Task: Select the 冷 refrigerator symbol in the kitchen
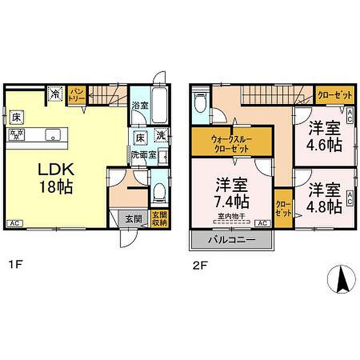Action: coord(55,94)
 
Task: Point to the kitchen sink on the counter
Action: coord(51,135)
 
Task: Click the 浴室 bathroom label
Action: coord(139,105)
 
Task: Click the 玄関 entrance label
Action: coord(133,218)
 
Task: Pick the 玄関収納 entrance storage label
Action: coord(159,218)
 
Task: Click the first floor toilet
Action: coord(159,192)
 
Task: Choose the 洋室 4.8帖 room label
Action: coord(325,198)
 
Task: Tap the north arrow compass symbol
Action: coord(340,280)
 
